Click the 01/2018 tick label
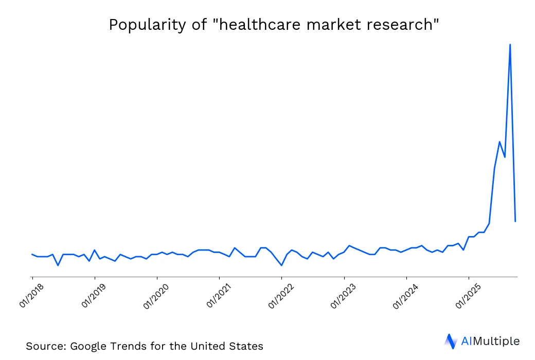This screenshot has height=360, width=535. coord(31,295)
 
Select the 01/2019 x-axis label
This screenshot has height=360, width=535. coord(93,295)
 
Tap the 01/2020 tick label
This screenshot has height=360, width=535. coord(156,295)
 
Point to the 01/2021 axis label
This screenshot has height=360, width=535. coord(218,295)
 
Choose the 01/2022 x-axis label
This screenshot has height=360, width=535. coord(280,295)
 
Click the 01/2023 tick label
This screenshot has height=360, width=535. coord(343,295)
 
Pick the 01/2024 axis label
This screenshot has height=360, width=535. coord(405,295)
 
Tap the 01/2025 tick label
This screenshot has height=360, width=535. coord(468,295)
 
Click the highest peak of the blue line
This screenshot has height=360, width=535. coord(510,45)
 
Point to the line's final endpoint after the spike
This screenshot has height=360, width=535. coord(515,221)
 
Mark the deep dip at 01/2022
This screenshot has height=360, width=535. coord(281,265)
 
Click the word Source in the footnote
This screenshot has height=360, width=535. coord(42,346)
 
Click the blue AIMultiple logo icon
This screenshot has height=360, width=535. coord(450,341)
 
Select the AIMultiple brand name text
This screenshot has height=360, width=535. coord(490,341)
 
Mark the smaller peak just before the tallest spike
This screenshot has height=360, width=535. coord(500,141)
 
